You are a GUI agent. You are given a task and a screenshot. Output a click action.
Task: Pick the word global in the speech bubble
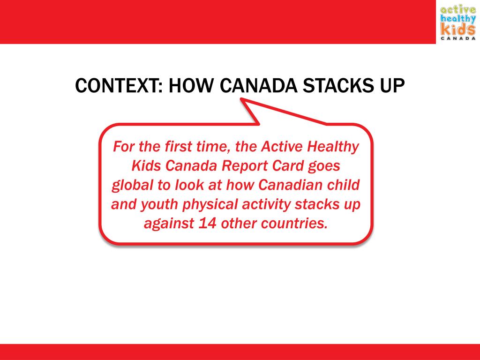click(132, 185)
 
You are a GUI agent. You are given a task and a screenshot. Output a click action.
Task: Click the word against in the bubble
click(168, 224)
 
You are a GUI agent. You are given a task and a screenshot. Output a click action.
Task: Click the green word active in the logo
click(457, 9)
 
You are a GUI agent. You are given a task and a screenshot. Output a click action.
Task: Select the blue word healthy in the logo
click(457, 19)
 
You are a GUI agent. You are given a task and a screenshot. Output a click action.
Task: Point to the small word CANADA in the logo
click(457, 39)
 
